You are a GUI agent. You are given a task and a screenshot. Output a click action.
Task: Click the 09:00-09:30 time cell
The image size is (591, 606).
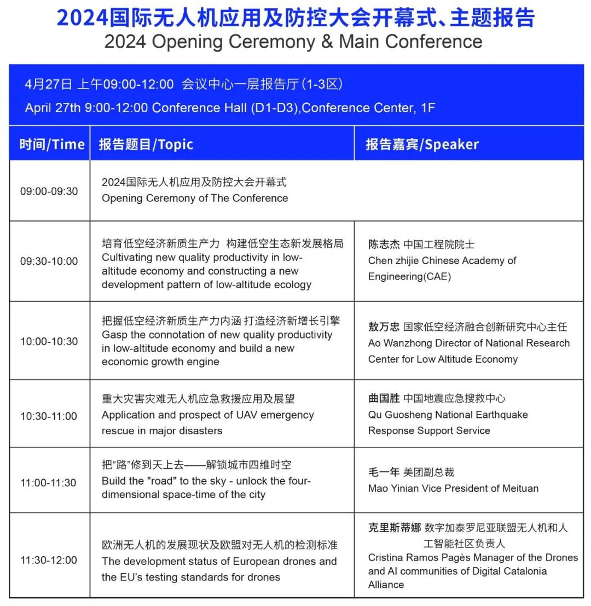[49, 191]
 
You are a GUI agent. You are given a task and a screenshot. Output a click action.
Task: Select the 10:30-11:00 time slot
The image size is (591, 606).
[49, 416]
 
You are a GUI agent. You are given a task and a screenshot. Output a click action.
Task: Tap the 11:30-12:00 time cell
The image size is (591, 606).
[49, 560]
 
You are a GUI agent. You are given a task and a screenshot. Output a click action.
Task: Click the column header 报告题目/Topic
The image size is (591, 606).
[146, 144]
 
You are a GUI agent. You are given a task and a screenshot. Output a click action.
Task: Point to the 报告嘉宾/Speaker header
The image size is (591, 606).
[422, 144]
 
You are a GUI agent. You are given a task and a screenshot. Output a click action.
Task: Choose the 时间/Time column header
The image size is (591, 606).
[52, 144]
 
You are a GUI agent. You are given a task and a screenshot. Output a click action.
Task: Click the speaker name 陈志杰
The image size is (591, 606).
[384, 244]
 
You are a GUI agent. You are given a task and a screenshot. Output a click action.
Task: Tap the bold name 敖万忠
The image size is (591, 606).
[384, 327]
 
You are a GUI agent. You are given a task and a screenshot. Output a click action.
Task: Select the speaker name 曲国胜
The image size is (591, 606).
[384, 398]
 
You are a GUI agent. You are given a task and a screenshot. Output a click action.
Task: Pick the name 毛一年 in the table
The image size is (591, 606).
[384, 472]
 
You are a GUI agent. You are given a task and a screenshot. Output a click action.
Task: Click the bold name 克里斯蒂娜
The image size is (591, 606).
[394, 528]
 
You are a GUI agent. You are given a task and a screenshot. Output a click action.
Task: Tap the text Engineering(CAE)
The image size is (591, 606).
[409, 276]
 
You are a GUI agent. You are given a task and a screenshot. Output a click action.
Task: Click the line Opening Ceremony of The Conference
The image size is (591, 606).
[195, 198]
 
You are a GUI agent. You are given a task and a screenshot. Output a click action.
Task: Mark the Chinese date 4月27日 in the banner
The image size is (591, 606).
[48, 84]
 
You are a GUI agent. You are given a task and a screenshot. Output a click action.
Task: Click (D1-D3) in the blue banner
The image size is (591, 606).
[275, 108]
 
